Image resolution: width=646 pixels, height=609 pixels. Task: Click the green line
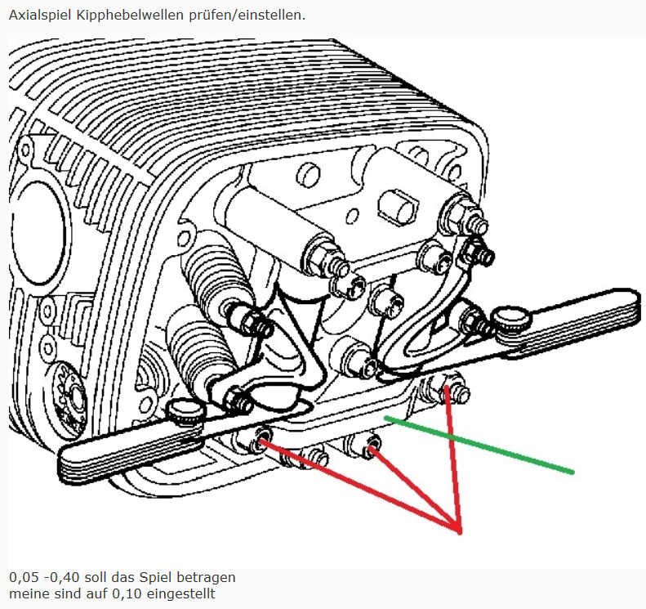479,445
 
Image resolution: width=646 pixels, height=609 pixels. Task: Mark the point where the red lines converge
459,532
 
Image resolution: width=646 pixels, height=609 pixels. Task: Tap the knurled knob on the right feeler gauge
512,318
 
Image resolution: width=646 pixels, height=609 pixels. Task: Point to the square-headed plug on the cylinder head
398,208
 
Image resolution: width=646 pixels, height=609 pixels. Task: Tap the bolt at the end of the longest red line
261,439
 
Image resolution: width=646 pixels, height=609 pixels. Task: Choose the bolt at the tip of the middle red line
371,445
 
